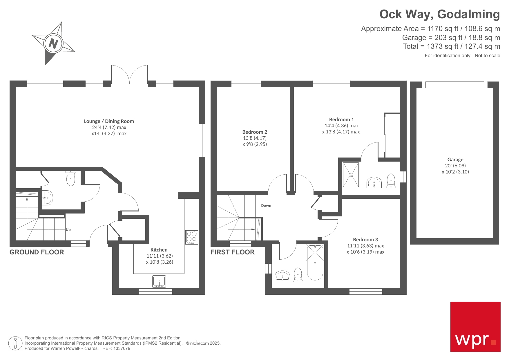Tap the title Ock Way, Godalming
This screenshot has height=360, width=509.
click(x=439, y=14)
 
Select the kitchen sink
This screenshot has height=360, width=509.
click(x=159, y=281)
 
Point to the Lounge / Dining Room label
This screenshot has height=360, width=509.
click(x=109, y=121)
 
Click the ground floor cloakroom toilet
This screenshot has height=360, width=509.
click(x=70, y=178)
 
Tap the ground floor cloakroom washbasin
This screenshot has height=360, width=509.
click(x=47, y=198)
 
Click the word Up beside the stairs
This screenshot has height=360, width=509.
click(x=68, y=230)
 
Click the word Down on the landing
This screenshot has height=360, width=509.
click(x=266, y=206)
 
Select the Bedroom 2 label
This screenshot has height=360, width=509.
click(x=255, y=132)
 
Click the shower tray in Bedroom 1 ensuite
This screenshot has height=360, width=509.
click(x=351, y=175)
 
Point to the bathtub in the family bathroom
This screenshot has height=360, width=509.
click(x=315, y=263)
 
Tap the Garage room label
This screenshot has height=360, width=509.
click(x=455, y=160)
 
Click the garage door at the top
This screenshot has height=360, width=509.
click(x=454, y=85)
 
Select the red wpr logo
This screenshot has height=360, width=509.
click(x=475, y=327)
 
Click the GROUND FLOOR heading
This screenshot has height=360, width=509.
click(x=37, y=252)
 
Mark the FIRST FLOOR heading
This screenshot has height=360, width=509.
click(x=233, y=252)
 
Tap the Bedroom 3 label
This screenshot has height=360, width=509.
click(x=365, y=240)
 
